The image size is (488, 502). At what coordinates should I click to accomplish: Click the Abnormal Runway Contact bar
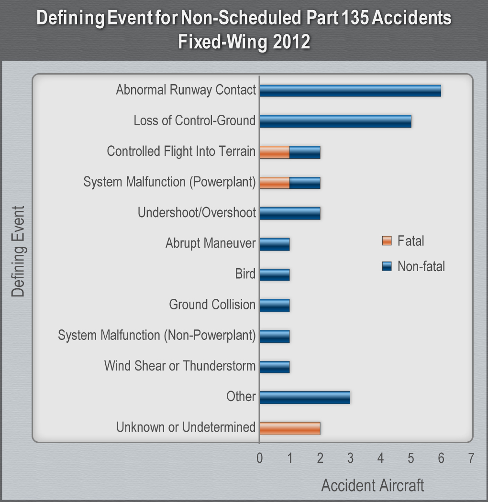tap(350, 90)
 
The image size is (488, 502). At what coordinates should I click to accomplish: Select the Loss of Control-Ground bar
tap(335, 121)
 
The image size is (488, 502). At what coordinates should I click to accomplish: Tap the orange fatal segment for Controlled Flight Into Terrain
tap(275, 152)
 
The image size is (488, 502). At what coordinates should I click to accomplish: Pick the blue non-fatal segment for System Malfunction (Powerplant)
tap(305, 183)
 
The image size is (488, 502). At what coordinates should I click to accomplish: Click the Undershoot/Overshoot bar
tap(289, 213)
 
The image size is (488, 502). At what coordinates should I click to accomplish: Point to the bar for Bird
tap(275, 275)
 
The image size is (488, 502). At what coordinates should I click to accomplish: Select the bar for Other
tap(305, 397)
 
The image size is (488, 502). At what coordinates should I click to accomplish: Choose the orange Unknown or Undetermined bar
tap(289, 428)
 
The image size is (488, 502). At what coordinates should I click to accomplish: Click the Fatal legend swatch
tap(387, 240)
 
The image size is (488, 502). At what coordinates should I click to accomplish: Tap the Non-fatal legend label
tap(421, 266)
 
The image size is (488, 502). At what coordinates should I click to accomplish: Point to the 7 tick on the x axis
tap(471, 458)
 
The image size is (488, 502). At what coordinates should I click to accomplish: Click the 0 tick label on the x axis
tap(260, 458)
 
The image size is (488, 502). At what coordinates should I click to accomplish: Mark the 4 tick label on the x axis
tap(380, 458)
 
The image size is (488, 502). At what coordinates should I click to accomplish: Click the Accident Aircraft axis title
tap(372, 485)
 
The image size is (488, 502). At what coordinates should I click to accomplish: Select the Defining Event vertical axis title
tap(18, 251)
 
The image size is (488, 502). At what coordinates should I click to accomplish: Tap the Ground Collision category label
tap(212, 305)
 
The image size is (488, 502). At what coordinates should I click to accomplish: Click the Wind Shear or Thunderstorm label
tap(180, 366)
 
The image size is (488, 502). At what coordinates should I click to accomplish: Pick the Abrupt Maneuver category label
tap(211, 243)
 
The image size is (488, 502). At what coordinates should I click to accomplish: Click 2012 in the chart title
tap(292, 42)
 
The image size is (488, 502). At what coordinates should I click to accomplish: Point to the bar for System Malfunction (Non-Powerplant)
tap(275, 336)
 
